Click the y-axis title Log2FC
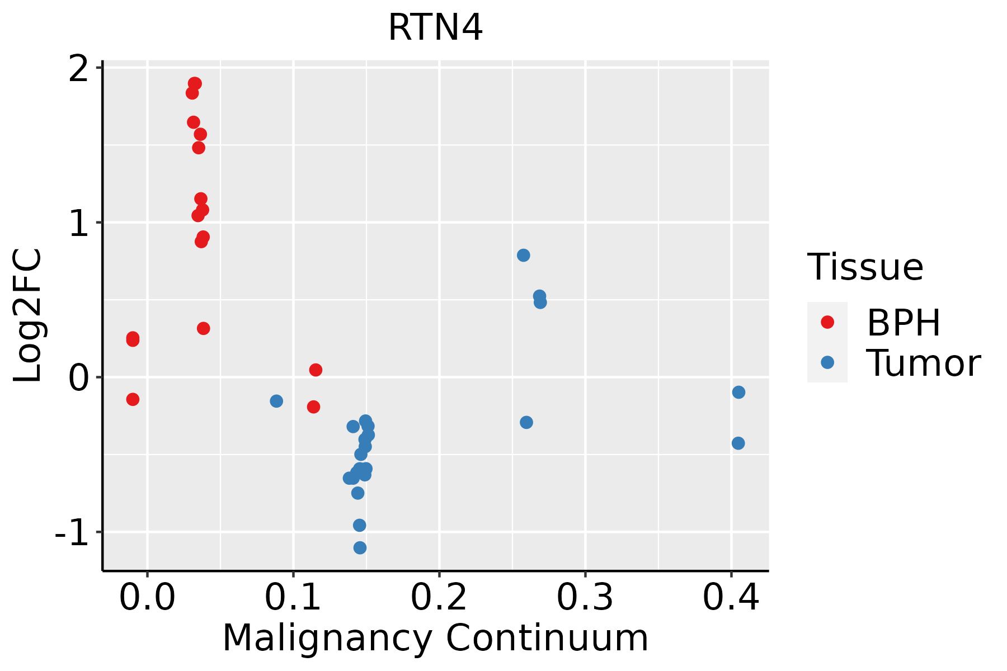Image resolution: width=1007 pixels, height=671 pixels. click(28, 316)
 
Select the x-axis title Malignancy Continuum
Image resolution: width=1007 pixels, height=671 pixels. click(435, 638)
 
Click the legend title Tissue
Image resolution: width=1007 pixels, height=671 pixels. click(865, 267)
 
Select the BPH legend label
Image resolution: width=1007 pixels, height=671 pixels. click(904, 323)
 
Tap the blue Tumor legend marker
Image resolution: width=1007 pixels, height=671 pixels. click(827, 362)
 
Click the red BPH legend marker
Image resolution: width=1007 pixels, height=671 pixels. click(827, 322)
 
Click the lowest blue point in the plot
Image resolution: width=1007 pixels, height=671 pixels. click(360, 547)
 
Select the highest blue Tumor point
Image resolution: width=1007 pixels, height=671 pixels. click(523, 256)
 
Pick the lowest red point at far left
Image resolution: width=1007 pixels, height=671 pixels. click(133, 399)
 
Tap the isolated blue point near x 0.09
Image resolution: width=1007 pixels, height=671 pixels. click(276, 401)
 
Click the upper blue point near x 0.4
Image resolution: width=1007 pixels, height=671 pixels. click(738, 392)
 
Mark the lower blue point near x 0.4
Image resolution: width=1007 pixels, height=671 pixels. click(738, 443)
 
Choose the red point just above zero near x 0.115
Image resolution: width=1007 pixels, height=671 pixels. click(316, 370)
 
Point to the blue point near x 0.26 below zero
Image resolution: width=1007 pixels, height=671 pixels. click(526, 422)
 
